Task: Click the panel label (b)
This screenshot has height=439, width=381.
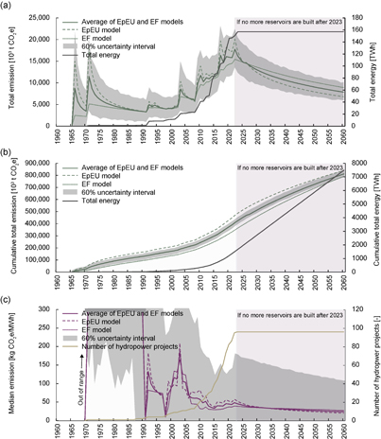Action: (x=9, y=151)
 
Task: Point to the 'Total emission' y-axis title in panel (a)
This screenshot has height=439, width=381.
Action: (x=10, y=75)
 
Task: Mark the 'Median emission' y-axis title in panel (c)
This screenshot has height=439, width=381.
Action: (x=10, y=364)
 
